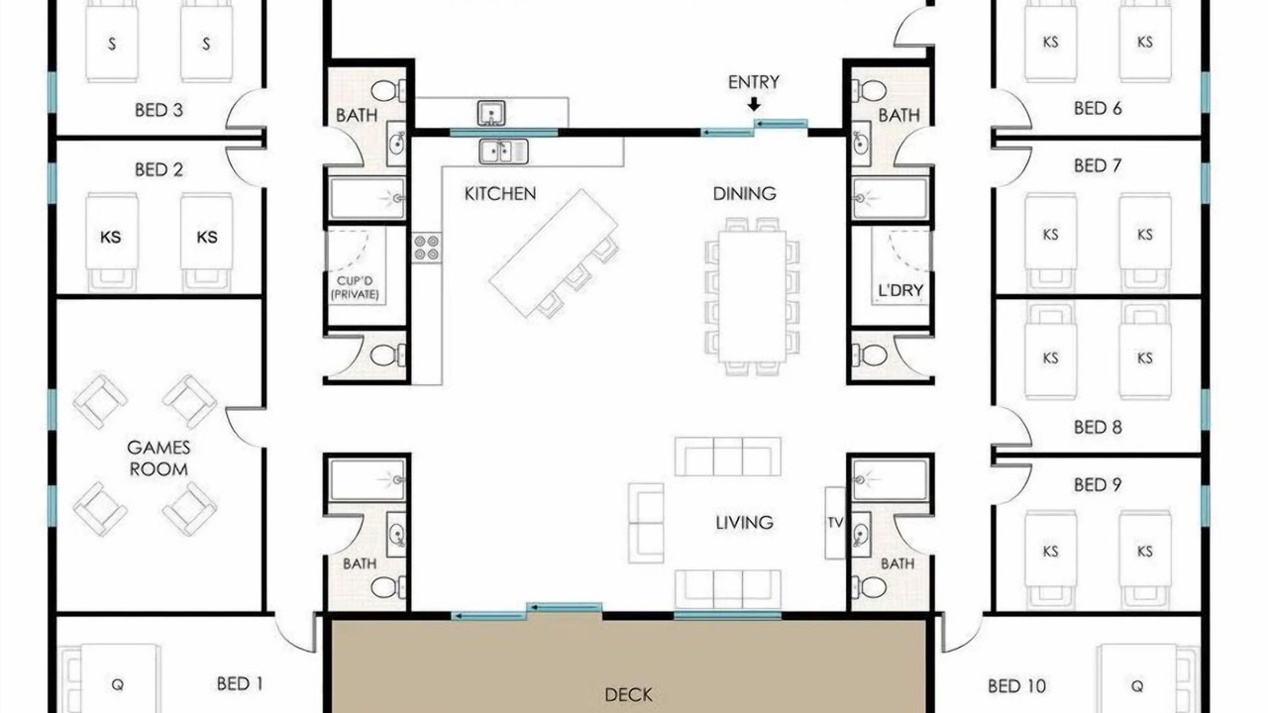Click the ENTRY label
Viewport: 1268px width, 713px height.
point(754,82)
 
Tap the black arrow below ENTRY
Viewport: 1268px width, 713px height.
point(754,104)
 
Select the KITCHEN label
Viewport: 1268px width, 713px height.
point(500,194)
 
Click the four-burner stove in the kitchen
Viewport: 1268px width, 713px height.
point(427,248)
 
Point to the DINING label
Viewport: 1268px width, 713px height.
point(744,194)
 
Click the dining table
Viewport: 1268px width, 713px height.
point(752,296)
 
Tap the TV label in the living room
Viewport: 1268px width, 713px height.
point(835,523)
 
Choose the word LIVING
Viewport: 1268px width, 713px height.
point(744,523)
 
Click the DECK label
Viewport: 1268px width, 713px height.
point(628,695)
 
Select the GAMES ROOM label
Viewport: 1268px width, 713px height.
point(158,458)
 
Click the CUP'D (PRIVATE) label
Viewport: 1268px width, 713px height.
point(355,287)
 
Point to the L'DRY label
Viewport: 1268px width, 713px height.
point(900,291)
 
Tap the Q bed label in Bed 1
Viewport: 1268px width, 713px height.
point(117,685)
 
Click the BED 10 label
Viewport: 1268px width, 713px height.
point(1016,686)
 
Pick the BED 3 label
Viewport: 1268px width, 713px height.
point(159,110)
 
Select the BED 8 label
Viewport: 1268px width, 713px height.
point(1098,427)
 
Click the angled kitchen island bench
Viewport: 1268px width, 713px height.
point(554,253)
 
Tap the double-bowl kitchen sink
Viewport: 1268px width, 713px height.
point(504,152)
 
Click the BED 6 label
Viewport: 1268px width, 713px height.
point(1098,108)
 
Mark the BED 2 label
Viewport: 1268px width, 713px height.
point(159,169)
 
